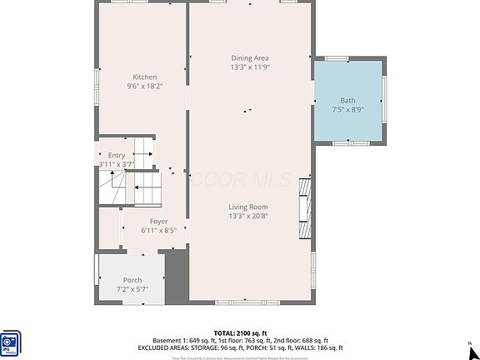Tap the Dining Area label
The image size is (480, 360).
[x=249, y=58]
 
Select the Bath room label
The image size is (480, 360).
[x=347, y=100]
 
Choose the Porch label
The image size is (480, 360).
[x=132, y=280]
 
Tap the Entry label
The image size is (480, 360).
[x=116, y=156]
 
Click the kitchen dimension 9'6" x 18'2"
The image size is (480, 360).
[x=144, y=86]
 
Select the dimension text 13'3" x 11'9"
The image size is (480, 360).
[x=249, y=67]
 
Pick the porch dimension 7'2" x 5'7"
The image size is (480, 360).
[x=132, y=289]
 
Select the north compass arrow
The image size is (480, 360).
[x=471, y=343]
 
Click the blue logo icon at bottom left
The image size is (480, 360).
[x=12, y=342]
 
